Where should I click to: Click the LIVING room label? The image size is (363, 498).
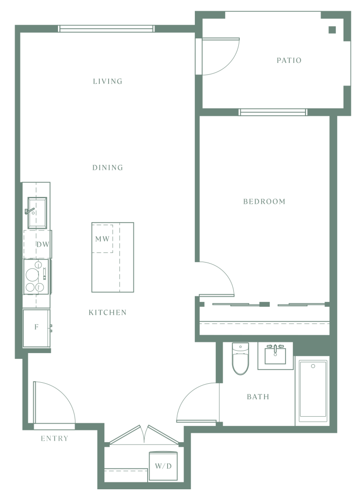click(108, 81)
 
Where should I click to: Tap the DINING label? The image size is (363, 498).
click(108, 167)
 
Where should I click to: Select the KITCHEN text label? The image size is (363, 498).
click(108, 313)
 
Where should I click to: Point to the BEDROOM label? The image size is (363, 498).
click(264, 201)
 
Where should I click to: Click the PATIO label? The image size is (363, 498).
click(289, 60)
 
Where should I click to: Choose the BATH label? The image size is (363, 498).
click(258, 397)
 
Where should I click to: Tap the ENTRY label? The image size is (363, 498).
click(55, 439)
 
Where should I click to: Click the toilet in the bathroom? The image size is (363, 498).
click(240, 358)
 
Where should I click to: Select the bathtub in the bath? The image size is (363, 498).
click(313, 391)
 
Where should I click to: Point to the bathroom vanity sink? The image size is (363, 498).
click(275, 355)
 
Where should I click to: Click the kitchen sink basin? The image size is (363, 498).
click(37, 213)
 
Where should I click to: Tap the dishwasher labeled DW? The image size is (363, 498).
click(38, 244)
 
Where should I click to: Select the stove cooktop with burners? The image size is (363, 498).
click(36, 277)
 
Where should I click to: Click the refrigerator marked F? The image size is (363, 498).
click(36, 328)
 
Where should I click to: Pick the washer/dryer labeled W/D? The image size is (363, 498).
click(163, 466)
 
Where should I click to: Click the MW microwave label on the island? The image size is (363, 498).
click(102, 239)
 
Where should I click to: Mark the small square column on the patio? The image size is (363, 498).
click(332, 30)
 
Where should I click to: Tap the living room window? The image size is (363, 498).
click(107, 29)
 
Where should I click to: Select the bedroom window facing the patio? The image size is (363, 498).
click(273, 112)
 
